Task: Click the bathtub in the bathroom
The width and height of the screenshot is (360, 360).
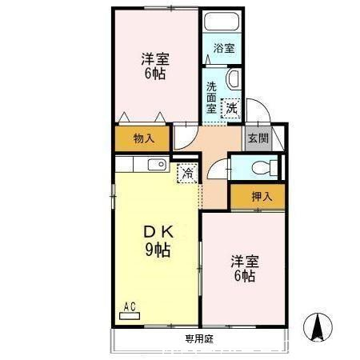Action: point(222,22)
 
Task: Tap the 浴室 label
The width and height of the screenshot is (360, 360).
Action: point(224,48)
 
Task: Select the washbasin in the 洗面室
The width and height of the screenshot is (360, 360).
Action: point(234,79)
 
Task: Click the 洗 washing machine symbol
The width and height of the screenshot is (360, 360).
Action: point(231,109)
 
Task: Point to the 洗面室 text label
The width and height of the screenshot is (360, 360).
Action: point(211,98)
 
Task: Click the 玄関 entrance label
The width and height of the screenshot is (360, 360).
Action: point(258,138)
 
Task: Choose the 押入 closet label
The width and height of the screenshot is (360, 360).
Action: point(262,197)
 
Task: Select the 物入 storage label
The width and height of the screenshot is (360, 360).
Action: point(144,138)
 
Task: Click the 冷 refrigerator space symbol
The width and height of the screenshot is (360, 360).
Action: point(188,174)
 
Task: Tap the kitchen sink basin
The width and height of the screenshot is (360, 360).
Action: point(158,165)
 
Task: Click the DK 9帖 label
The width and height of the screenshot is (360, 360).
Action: point(158,241)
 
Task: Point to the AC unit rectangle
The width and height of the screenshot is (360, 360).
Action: point(130,316)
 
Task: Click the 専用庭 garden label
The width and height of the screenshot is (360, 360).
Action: point(199,339)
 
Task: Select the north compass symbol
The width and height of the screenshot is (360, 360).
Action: point(318,327)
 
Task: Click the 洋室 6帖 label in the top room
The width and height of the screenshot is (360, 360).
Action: point(155,66)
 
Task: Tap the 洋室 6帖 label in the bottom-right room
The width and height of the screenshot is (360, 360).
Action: point(245,269)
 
